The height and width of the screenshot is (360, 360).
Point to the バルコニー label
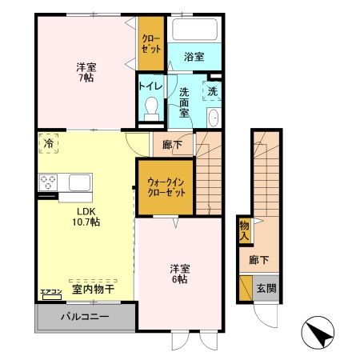(x=84, y=318)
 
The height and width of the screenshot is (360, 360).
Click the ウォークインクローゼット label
(x=166, y=188)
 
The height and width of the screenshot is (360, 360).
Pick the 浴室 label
(x=194, y=57)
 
